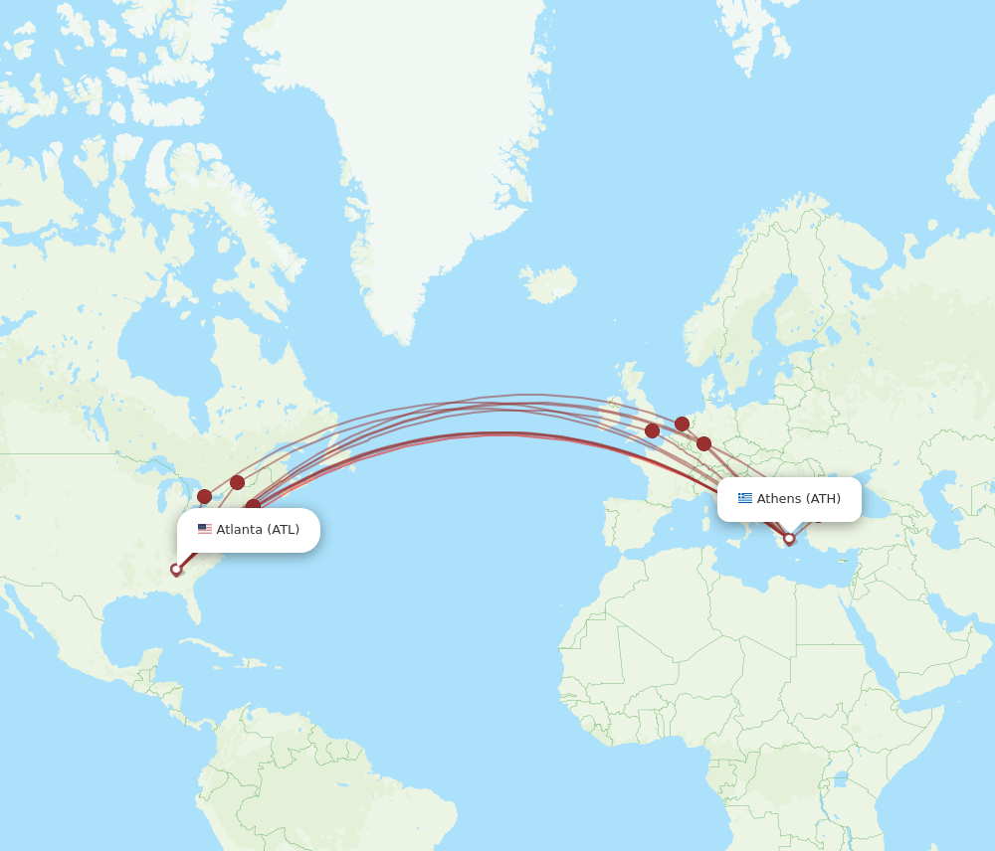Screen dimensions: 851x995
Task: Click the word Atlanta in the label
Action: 239,530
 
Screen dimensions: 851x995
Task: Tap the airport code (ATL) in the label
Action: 283,530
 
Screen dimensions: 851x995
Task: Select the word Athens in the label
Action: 779,499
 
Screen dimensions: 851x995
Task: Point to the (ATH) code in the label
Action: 823,499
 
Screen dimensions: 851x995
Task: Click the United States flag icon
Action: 205,530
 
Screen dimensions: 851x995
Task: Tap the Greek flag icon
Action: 745,498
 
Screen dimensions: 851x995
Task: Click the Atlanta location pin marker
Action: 176,570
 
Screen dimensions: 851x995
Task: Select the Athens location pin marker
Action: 789,538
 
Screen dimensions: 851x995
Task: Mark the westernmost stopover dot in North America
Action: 204,496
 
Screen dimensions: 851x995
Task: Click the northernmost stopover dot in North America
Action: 237,482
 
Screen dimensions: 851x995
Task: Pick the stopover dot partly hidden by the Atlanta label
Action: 254,506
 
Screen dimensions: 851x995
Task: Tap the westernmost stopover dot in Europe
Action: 652,430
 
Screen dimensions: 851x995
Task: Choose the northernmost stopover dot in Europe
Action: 682,424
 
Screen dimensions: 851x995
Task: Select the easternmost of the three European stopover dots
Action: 703,443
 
